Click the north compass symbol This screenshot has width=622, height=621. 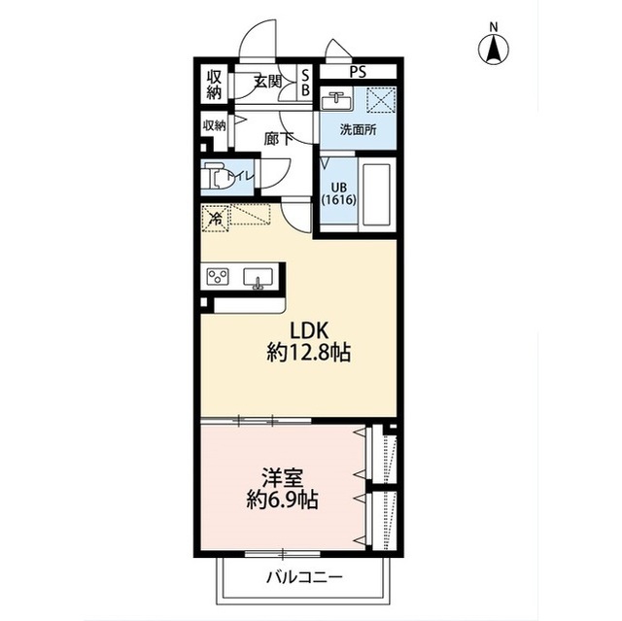click(493, 46)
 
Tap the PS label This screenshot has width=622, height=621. click(358, 72)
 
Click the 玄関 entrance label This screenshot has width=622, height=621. click(268, 82)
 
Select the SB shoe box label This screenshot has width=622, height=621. click(305, 83)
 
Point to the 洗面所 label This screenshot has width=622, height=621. click(358, 129)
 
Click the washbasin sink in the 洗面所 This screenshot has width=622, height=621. click(337, 101)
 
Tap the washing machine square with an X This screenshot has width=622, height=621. click(380, 99)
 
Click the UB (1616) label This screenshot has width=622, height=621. click(339, 193)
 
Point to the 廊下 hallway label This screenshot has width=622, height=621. click(279, 139)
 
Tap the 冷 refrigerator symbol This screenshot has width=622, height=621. click(215, 218)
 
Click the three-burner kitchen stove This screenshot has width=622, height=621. click(218, 276)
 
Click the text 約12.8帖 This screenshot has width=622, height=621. click(309, 352)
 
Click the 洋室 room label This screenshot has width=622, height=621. click(282, 478)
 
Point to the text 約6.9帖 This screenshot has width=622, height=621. click(282, 500)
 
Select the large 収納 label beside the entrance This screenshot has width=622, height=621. click(214, 85)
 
